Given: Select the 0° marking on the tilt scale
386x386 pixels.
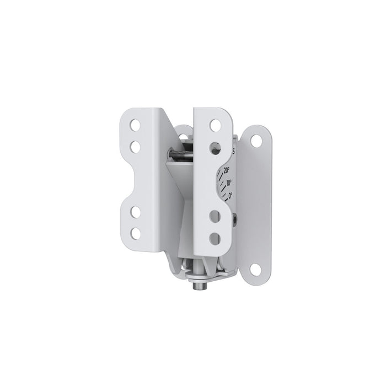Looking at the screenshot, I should click(230, 195).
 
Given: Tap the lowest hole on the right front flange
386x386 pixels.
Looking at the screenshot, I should click(217, 238).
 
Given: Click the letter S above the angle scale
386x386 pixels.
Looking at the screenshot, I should click(235, 149).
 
